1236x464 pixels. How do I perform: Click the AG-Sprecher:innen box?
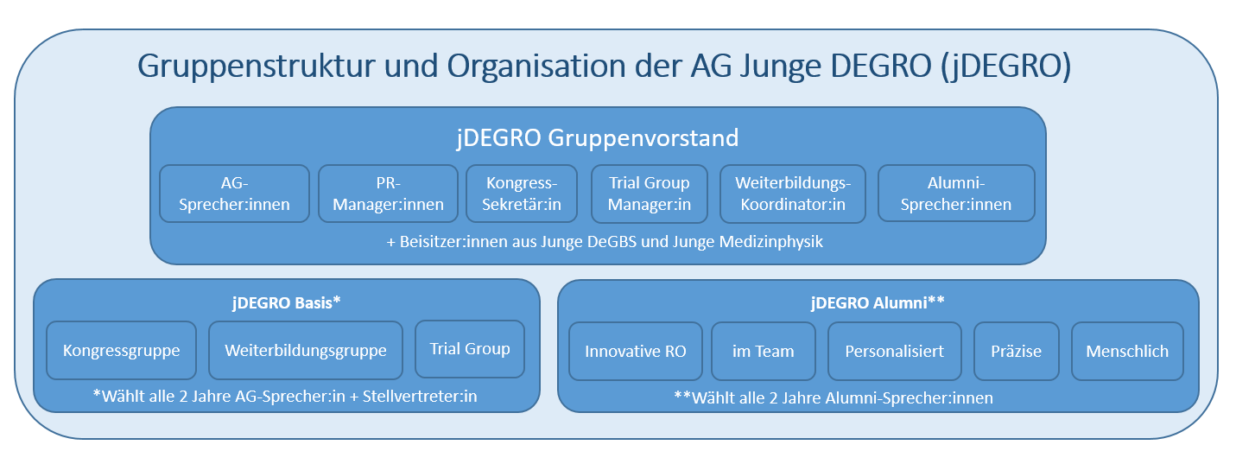(235, 194)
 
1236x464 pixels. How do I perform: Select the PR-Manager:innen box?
(388, 194)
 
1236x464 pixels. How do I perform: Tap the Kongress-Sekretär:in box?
(522, 194)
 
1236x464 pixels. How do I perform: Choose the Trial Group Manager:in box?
(650, 194)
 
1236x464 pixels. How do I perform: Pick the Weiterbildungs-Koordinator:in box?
(793, 194)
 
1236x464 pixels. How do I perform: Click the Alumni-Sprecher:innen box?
(956, 194)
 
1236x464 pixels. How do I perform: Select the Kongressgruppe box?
(122, 350)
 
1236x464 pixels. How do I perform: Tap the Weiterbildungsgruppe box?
(306, 350)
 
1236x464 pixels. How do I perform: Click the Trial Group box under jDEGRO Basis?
(470, 349)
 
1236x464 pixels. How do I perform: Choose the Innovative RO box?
(636, 352)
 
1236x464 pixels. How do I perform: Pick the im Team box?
(764, 352)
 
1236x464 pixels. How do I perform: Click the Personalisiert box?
(895, 352)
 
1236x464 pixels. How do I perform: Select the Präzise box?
(1017, 352)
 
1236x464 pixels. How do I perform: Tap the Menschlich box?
(1127, 352)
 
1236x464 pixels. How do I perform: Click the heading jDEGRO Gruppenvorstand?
(598, 138)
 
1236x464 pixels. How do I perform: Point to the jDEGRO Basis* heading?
(287, 303)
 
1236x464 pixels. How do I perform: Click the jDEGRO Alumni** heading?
(878, 303)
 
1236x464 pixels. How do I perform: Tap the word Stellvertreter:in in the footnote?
(420, 396)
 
